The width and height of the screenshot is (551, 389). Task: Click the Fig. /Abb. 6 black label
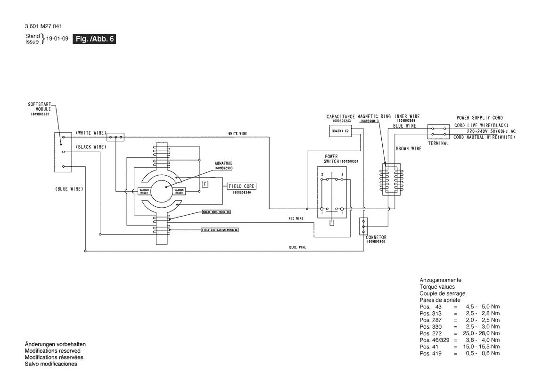[x=94, y=40]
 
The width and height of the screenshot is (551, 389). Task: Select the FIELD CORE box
[x=242, y=186]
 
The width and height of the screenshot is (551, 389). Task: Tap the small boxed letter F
[x=205, y=184]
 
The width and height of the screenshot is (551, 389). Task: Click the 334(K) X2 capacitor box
[x=340, y=130]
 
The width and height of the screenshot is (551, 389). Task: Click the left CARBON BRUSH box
[x=144, y=191]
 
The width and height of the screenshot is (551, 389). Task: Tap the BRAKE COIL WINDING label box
[x=216, y=212]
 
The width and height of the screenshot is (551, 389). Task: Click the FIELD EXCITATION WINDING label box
[x=220, y=230]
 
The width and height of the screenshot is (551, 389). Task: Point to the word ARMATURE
[x=223, y=163]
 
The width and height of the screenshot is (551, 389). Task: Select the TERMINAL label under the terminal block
[x=438, y=143]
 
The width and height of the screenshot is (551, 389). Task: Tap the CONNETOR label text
[x=376, y=237]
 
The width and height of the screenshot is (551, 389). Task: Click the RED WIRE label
[x=296, y=219]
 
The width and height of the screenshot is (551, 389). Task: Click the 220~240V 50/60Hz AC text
[x=491, y=131]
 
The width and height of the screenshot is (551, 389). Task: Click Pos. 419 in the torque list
[x=430, y=353]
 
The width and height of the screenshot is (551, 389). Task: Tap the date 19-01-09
[x=54, y=40]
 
